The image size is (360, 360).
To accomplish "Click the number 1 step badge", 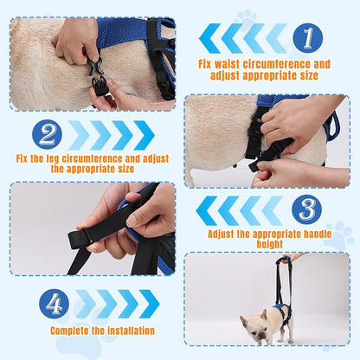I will click(307, 37).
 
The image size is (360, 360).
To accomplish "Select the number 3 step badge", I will click(306, 209).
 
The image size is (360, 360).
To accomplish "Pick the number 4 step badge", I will click(54, 303).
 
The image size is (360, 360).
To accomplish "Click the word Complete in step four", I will click(72, 330).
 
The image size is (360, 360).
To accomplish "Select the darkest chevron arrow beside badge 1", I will click(210, 38).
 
